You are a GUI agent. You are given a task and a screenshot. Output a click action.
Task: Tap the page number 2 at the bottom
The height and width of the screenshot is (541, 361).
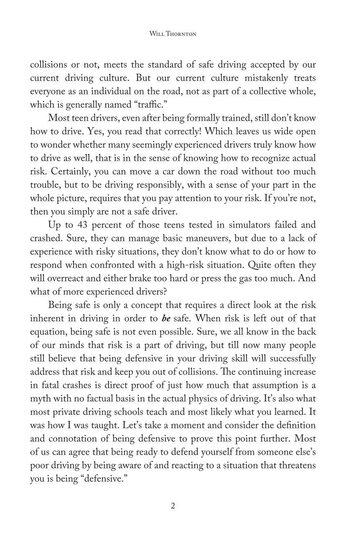pyautogui.click(x=173, y=506)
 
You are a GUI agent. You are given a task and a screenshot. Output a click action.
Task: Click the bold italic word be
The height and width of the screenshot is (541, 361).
pyautogui.click(x=165, y=319)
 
